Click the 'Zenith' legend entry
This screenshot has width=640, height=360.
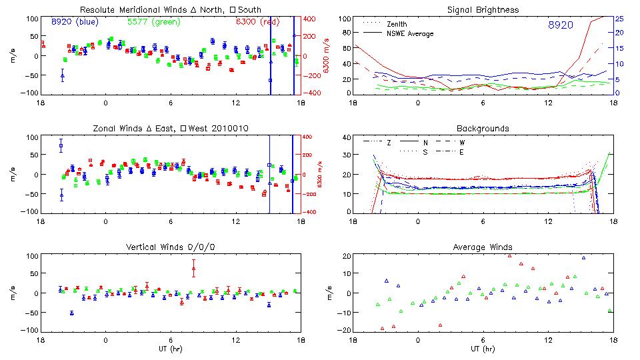click(397, 24)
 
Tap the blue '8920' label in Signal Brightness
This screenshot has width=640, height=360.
click(559, 25)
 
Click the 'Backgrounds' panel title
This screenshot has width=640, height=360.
click(483, 128)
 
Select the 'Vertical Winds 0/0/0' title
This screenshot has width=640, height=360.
click(170, 247)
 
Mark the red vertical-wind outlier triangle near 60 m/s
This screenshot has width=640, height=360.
click(193, 269)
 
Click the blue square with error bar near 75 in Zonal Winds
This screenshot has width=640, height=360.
click(61, 145)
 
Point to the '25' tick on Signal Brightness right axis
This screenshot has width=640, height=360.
click(619, 18)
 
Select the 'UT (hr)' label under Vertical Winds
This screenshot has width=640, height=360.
click(170, 349)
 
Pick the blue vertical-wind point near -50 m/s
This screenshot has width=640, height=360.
click(72, 312)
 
